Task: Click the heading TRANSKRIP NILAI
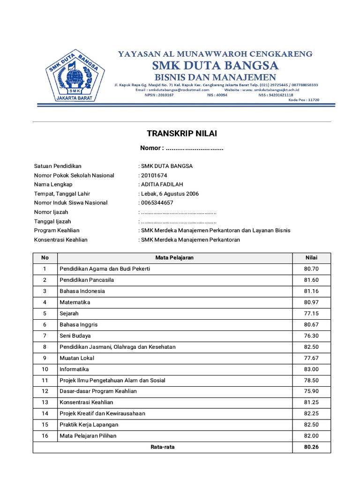tap(182, 134)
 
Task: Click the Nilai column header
tap(311, 257)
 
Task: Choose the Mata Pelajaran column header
tap(174, 257)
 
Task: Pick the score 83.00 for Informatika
tap(311, 369)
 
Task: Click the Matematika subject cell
tap(75, 302)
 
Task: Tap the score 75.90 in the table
tap(311, 391)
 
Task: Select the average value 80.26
tap(311, 447)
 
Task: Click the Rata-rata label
tap(163, 447)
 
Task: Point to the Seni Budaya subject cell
tap(75, 336)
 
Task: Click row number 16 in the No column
tap(45, 436)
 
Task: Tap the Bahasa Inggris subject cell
tap(78, 324)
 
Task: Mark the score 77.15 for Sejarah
tap(311, 314)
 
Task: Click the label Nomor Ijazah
tap(51, 212)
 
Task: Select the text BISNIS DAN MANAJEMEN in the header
tap(215, 76)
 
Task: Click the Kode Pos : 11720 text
tap(304, 99)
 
